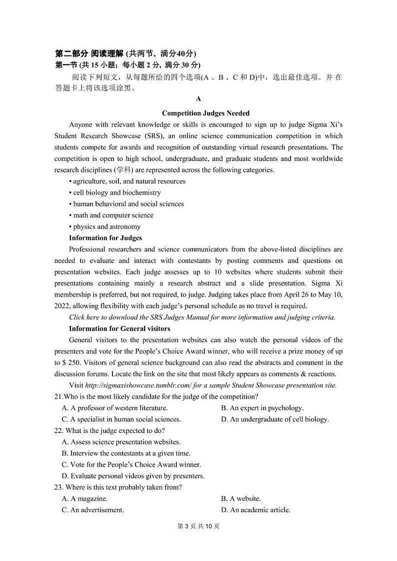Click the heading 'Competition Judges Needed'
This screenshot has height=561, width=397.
[198, 113]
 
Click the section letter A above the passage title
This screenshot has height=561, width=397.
[198, 99]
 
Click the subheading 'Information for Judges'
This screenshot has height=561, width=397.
[105, 238]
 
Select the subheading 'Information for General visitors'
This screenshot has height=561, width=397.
[119, 328]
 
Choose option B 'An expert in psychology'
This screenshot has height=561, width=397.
[262, 408]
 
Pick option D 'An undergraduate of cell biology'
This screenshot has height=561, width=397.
[274, 419]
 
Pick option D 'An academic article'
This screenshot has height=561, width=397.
[255, 510]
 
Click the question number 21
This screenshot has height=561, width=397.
[58, 396]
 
